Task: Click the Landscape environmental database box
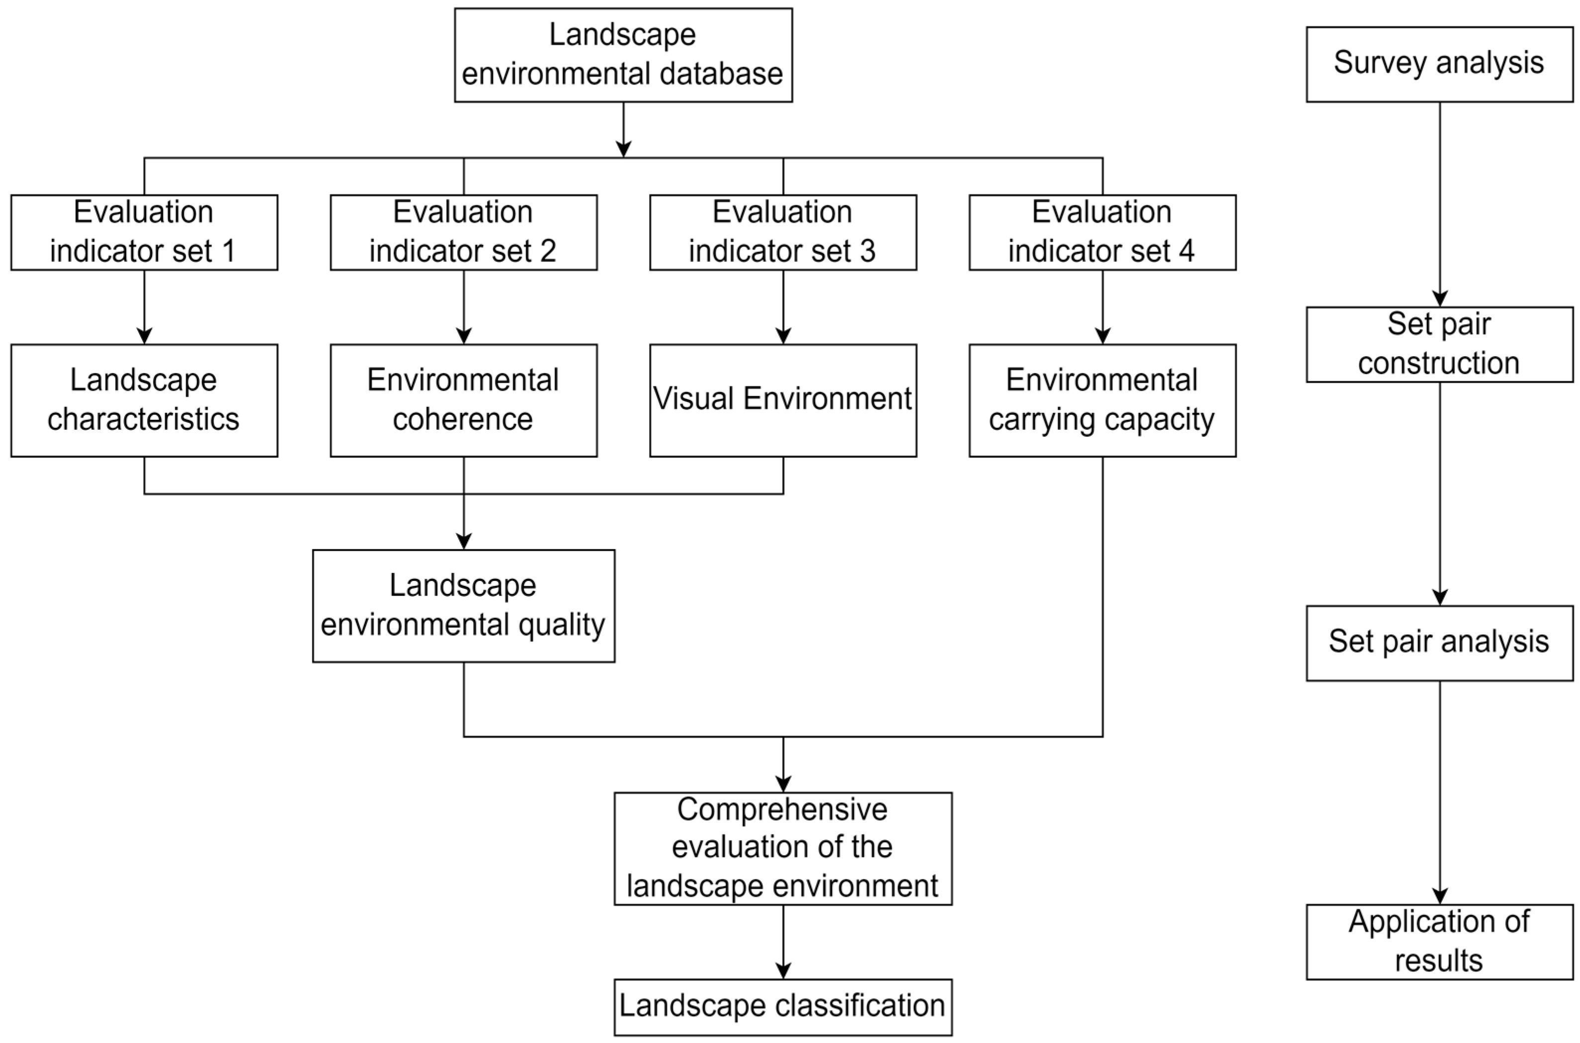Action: coord(623,55)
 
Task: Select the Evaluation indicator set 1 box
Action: coord(144,232)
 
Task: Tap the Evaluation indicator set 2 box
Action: coord(463,232)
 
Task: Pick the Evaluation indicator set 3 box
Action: coord(782,232)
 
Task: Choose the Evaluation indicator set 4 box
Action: coord(1102,232)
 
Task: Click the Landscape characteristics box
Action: coord(144,400)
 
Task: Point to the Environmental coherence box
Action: coord(463,400)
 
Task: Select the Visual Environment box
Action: coord(782,400)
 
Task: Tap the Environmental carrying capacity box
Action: coord(1102,400)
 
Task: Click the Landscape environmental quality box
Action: coord(463,605)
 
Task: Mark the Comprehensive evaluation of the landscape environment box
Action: coord(782,848)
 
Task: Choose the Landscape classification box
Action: coord(782,1006)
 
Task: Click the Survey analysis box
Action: coord(1439,64)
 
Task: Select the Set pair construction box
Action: coord(1439,344)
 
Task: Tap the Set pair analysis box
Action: coord(1439,642)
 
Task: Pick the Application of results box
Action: coord(1439,941)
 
